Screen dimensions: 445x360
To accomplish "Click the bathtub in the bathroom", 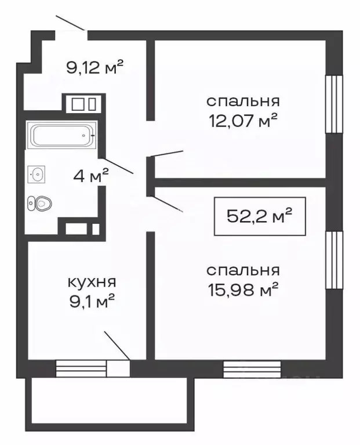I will [61, 136].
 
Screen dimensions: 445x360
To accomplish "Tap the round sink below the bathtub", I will [37, 173].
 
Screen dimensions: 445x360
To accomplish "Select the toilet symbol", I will [40, 203].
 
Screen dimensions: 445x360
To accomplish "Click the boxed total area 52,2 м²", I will [259, 216].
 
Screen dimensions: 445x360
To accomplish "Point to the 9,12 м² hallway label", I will [96, 68].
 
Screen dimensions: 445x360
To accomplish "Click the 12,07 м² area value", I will [243, 121].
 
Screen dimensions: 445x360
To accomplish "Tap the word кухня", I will [92, 282].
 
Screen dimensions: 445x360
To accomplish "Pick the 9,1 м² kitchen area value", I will [92, 300].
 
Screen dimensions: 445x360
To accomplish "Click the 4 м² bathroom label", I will [92, 176].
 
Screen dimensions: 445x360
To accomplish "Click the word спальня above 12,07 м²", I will [243, 101].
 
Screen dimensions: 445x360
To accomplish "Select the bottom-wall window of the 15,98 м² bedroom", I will [252, 368].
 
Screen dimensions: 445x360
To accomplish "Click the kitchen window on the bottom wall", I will [82, 368].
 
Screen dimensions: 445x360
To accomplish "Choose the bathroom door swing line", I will [118, 166].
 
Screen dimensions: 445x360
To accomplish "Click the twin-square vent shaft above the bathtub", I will [82, 104].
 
